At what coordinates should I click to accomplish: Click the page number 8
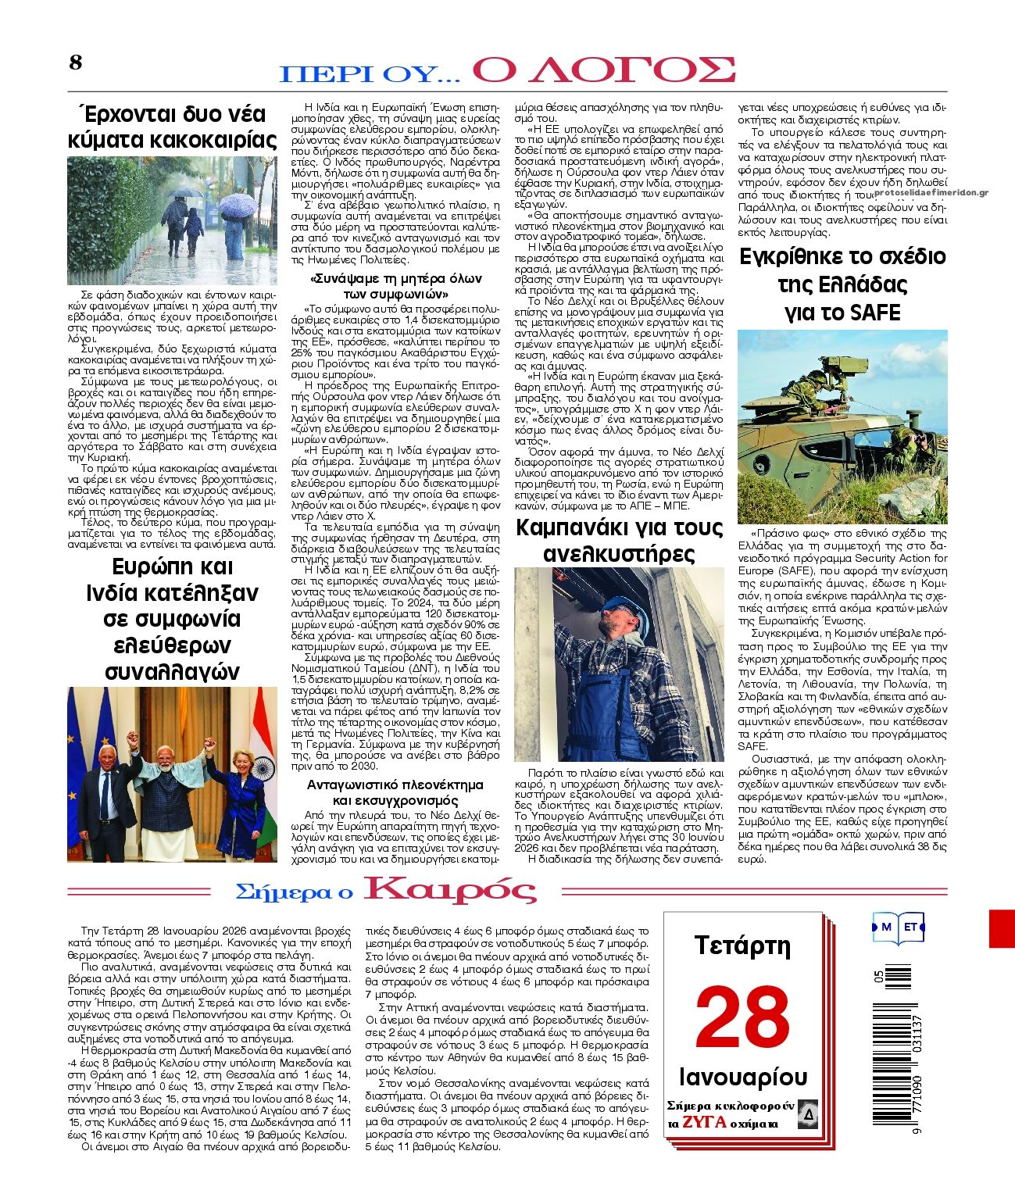(76, 63)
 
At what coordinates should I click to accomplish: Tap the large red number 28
(742, 1019)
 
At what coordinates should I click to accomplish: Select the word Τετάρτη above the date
(742, 946)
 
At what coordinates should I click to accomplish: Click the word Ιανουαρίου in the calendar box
(743, 1078)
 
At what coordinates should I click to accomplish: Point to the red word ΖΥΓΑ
(704, 1123)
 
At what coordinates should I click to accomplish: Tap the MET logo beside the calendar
(899, 928)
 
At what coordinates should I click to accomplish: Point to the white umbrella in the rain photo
(238, 206)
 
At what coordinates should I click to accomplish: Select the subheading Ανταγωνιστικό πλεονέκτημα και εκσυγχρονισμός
(395, 792)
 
